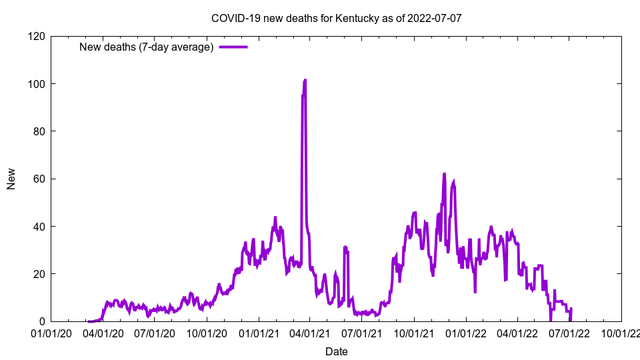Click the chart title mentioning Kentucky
pyautogui.click(x=336, y=18)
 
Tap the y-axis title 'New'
pyautogui.click(x=11, y=179)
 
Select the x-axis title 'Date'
pyautogui.click(x=336, y=351)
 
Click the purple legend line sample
pyautogui.click(x=233, y=47)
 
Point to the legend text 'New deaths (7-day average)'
pyautogui.click(x=146, y=47)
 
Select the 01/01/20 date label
pyautogui.click(x=51, y=333)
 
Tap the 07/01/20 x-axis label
pyautogui.click(x=155, y=333)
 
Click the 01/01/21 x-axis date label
pyautogui.click(x=259, y=333)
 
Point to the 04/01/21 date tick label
pyautogui.click(x=310, y=333)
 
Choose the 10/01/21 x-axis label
pyautogui.click(x=414, y=333)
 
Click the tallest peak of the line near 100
pyautogui.click(x=305, y=80)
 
